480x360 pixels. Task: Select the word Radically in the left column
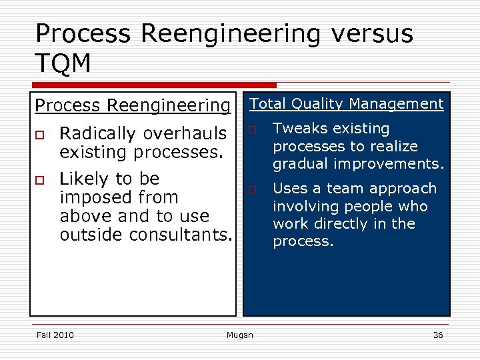pos(93,133)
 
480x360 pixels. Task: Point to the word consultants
pos(185,235)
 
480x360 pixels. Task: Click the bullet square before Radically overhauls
pos(40,135)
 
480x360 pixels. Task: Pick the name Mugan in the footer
pos(240,335)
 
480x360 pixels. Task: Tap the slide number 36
pos(437,335)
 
